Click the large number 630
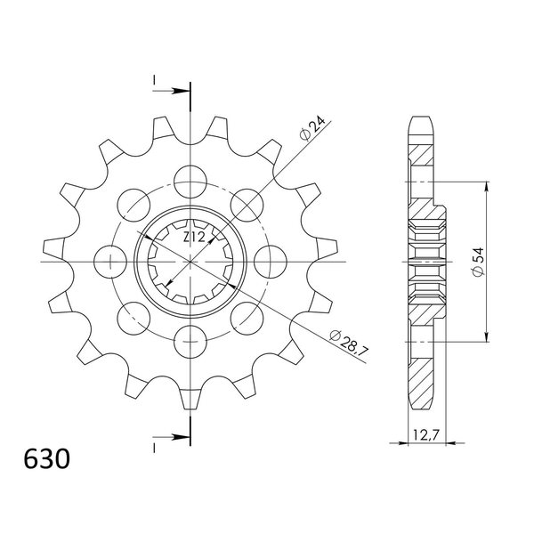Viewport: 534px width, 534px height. coord(47,459)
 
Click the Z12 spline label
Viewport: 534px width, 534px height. coord(194,237)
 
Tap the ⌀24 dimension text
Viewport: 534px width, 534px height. coord(312,128)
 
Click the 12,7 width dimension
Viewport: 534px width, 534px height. coord(425,435)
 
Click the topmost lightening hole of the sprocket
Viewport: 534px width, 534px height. coord(190,182)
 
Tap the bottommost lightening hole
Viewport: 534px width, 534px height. coord(190,342)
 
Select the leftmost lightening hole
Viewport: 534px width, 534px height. coord(110,262)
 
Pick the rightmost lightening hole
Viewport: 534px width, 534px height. coord(271,262)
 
